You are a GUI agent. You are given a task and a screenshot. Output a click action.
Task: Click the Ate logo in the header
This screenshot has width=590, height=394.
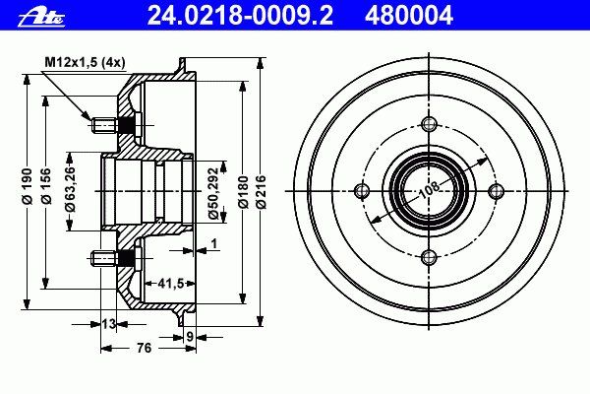(x=41, y=18)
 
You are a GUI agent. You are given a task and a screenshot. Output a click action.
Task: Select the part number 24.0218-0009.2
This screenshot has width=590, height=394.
(x=240, y=16)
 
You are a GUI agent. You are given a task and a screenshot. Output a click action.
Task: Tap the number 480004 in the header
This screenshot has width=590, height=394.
(x=409, y=16)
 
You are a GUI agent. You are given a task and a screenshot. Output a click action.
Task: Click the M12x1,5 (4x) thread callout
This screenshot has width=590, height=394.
(x=85, y=62)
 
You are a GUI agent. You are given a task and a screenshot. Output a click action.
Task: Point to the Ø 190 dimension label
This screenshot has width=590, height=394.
(x=28, y=186)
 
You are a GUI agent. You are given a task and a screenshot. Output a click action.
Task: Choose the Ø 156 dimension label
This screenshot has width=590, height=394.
(x=46, y=186)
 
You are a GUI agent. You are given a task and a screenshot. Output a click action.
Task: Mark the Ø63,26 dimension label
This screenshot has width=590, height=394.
(x=71, y=188)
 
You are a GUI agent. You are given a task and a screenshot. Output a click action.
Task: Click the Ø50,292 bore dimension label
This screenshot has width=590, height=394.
(x=213, y=193)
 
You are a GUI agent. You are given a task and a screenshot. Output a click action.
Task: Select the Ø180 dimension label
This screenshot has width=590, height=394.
(x=244, y=191)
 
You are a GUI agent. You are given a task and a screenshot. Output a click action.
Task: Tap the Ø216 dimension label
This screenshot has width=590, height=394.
(x=261, y=191)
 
